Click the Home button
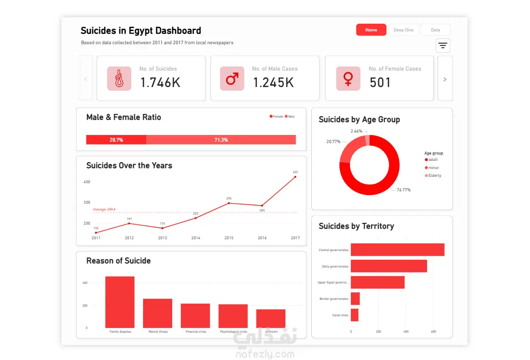click(x=371, y=30)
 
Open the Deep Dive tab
click(x=403, y=30)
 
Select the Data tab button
click(x=435, y=30)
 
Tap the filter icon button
click(x=443, y=46)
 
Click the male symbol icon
click(x=232, y=79)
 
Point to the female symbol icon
click(x=348, y=79)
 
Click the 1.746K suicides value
click(x=160, y=82)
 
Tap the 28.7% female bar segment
click(x=116, y=140)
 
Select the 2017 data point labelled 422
click(x=295, y=177)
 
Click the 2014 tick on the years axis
click(x=196, y=238)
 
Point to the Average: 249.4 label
click(x=104, y=210)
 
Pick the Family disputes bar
click(x=120, y=302)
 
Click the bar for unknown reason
click(x=271, y=319)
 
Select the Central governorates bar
click(x=397, y=250)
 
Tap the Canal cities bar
click(x=355, y=315)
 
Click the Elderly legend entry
click(x=434, y=176)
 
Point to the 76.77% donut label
click(x=403, y=190)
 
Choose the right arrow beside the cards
click(x=445, y=79)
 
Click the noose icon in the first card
click(x=119, y=79)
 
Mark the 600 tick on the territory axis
click(x=433, y=332)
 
